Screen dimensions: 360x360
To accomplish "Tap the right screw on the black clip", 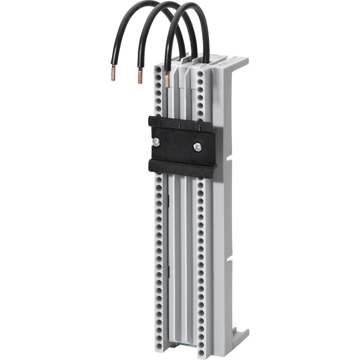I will (197, 147).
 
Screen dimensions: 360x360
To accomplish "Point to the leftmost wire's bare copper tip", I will (114, 72).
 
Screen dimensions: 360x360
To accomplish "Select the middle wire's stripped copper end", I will (139, 77).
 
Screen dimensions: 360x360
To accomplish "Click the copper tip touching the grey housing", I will (167, 80).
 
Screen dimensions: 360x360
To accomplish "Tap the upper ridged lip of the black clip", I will (180, 123).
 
